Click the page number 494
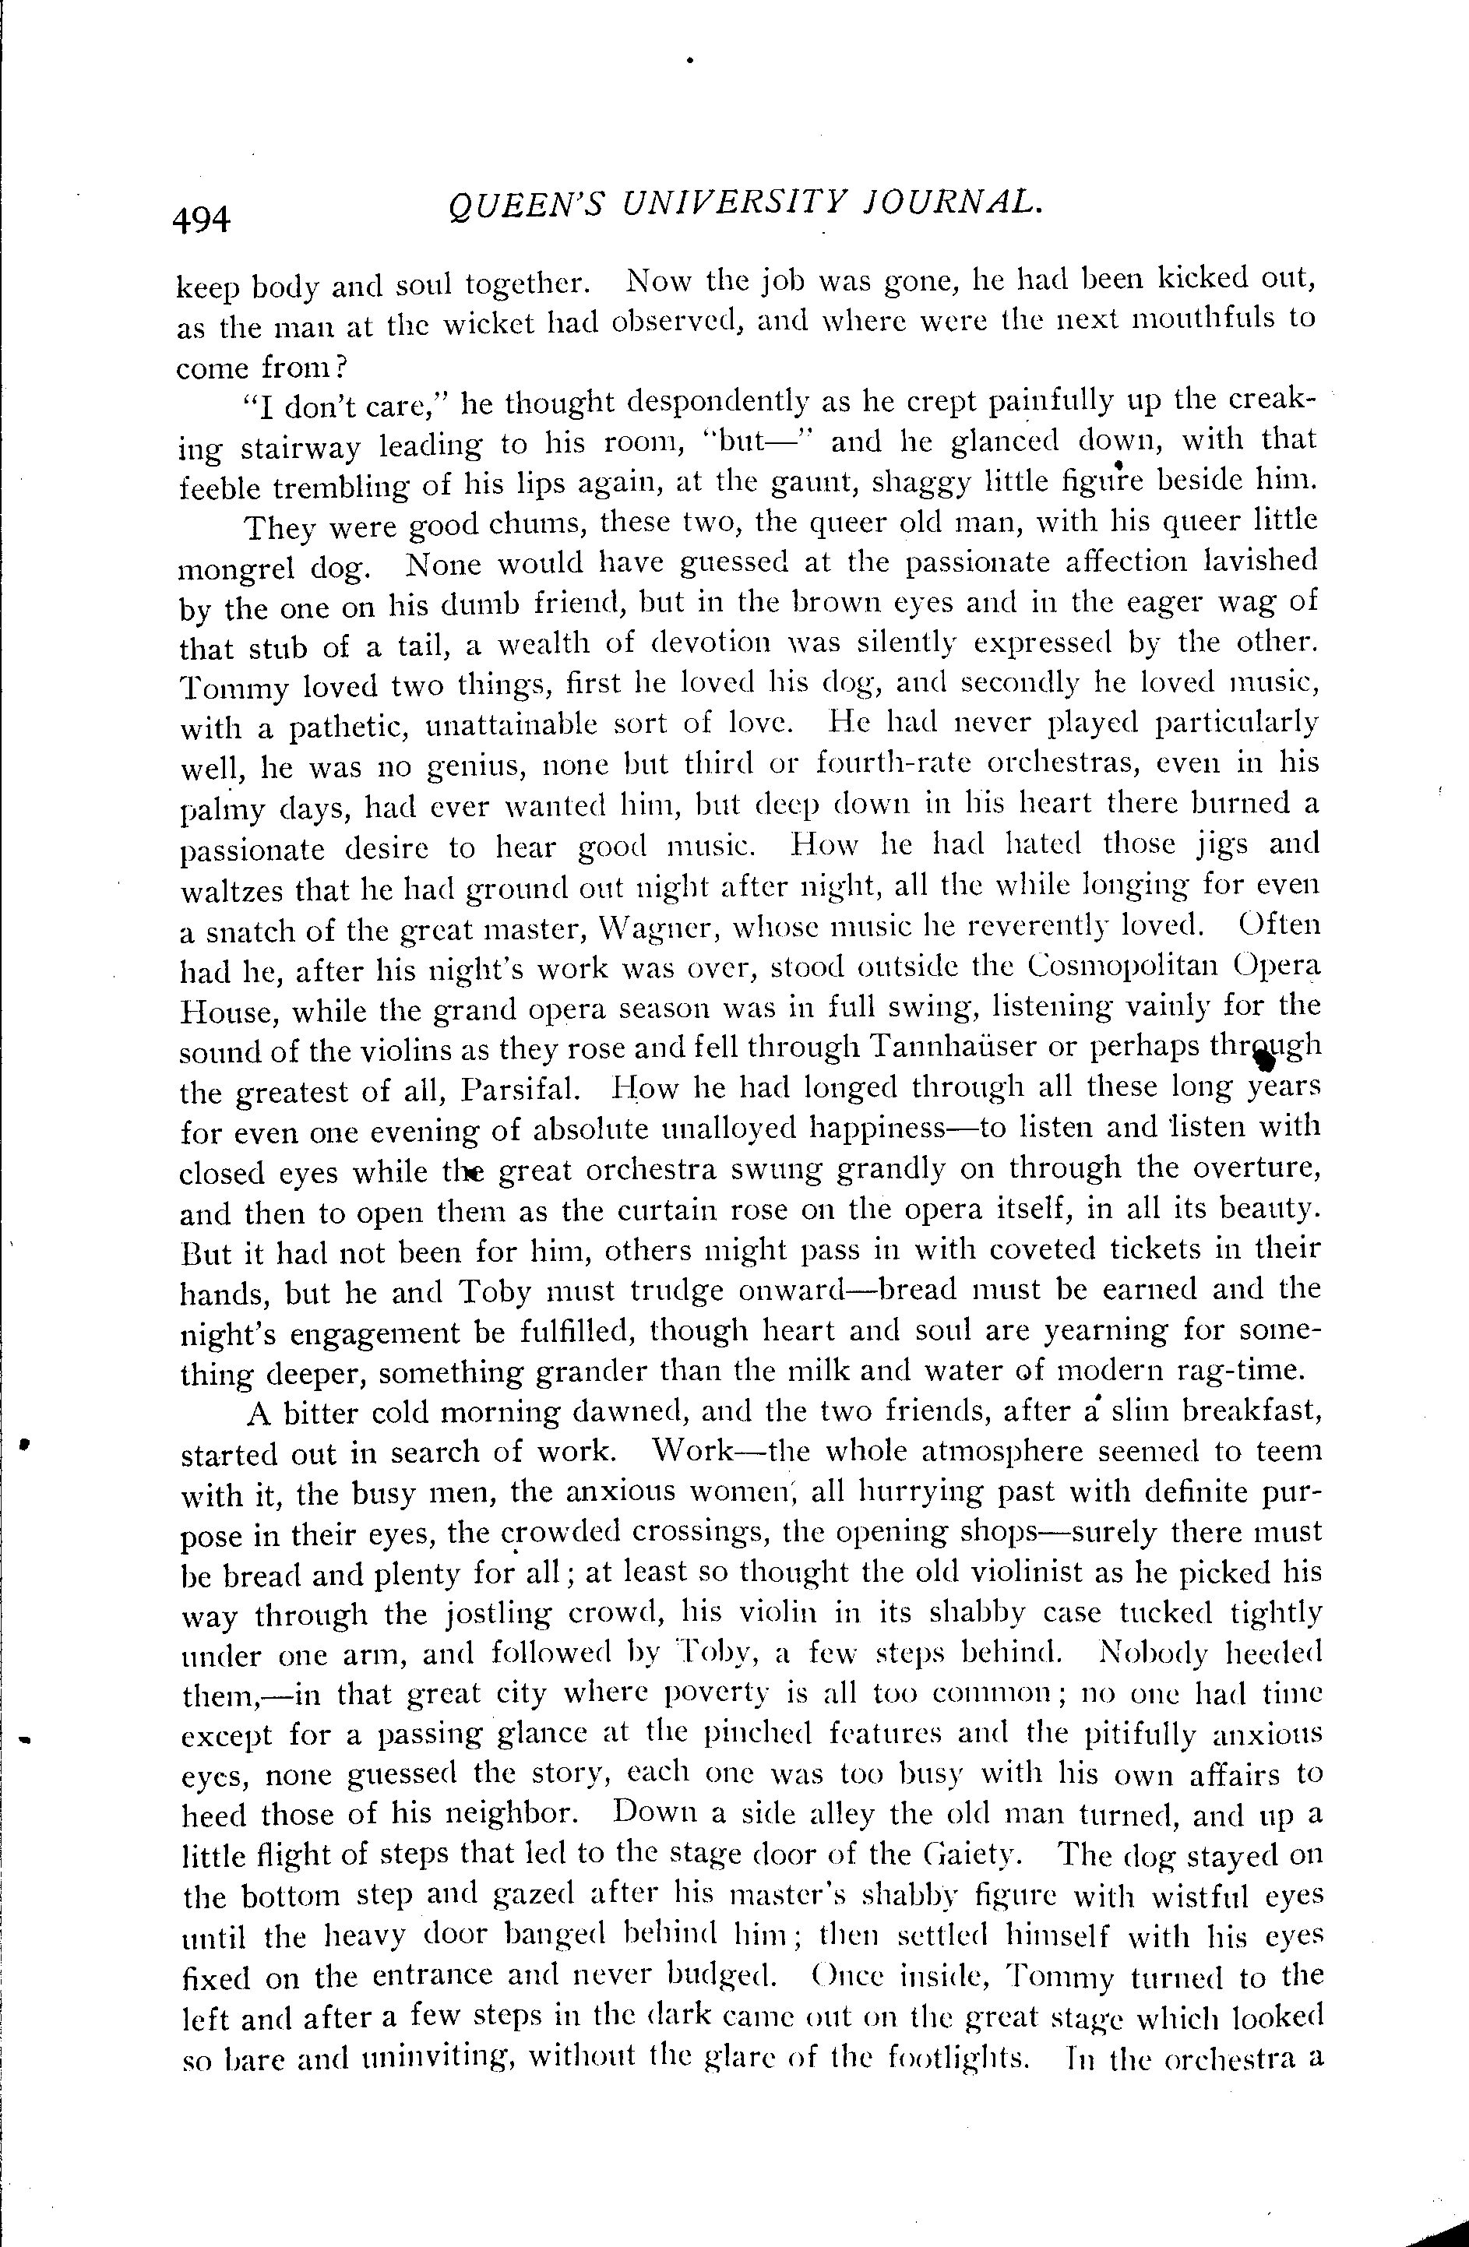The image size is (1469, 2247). point(201,220)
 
